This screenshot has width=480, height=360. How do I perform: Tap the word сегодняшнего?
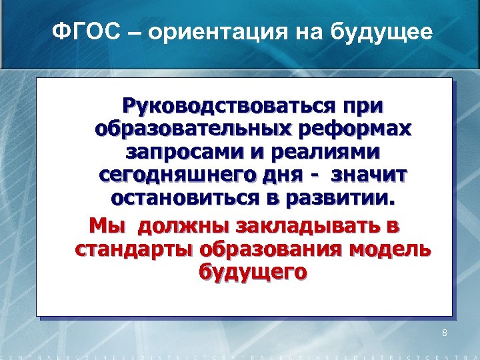pos(170,175)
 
